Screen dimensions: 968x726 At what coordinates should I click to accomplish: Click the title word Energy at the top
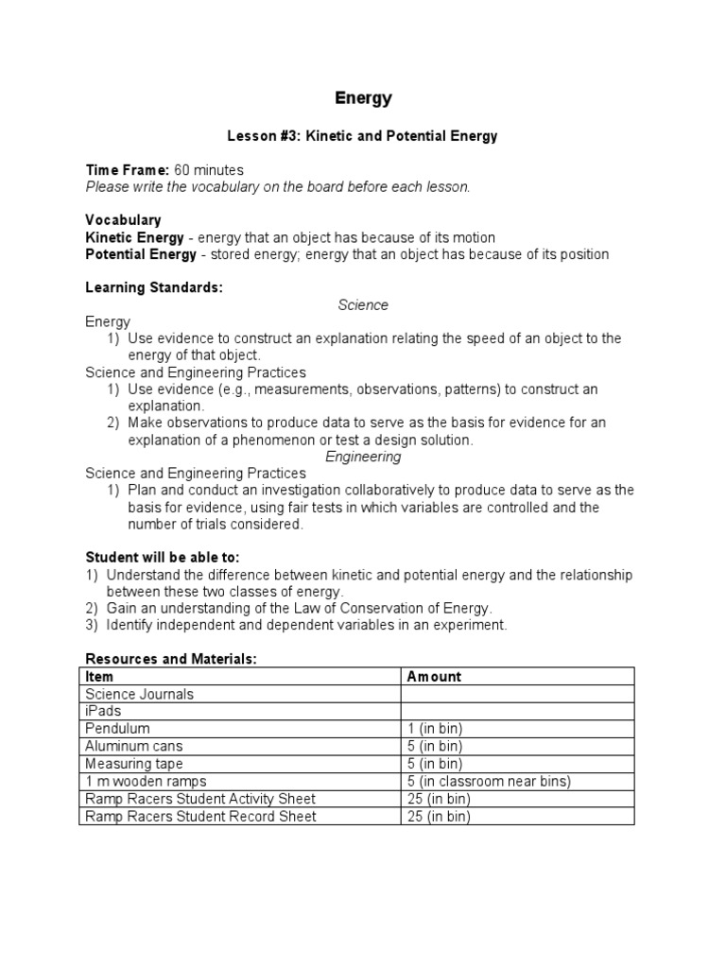pyautogui.click(x=364, y=98)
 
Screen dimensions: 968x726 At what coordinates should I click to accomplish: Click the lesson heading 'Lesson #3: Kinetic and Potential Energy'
pyautogui.click(x=364, y=136)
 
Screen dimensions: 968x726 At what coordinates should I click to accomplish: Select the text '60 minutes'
pyautogui.click(x=209, y=170)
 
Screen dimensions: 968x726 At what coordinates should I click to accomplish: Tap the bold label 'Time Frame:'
pyautogui.click(x=128, y=170)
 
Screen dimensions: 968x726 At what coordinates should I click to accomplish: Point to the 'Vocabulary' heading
pyautogui.click(x=123, y=220)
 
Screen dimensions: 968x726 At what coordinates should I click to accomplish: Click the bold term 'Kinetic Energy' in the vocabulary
pyautogui.click(x=134, y=237)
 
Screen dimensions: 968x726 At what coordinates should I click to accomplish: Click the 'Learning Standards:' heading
pyautogui.click(x=154, y=287)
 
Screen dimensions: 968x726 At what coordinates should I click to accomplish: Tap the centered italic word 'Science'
pyautogui.click(x=363, y=304)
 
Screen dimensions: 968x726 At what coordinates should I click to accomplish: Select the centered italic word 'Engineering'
pyautogui.click(x=363, y=457)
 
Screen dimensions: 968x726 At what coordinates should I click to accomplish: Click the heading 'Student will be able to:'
pyautogui.click(x=169, y=558)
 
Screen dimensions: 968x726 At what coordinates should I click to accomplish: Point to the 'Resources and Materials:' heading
pyautogui.click(x=171, y=659)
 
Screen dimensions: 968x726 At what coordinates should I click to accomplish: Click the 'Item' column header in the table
pyautogui.click(x=99, y=676)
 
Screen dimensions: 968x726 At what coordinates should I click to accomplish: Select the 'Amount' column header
pyautogui.click(x=434, y=676)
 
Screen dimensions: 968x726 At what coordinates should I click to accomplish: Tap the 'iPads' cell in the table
pyautogui.click(x=103, y=711)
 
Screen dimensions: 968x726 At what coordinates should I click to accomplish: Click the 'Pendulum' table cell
pyautogui.click(x=117, y=729)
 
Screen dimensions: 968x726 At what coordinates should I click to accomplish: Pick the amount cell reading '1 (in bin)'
pyautogui.click(x=435, y=729)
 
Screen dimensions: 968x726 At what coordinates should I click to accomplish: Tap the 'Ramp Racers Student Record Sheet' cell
pyautogui.click(x=200, y=816)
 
